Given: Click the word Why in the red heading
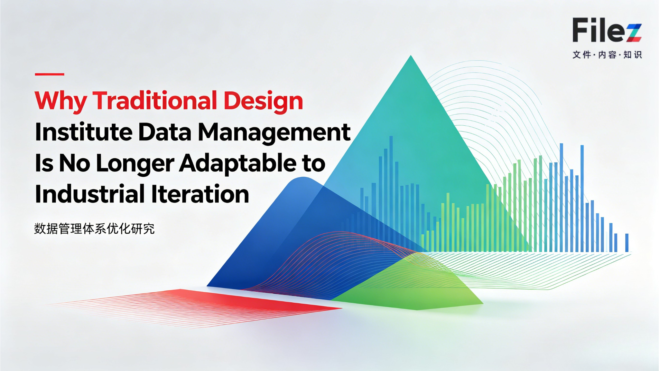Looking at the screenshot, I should (x=60, y=101).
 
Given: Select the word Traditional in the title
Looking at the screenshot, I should (x=155, y=101).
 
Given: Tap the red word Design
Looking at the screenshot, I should (x=263, y=101).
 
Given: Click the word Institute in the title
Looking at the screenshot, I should (x=83, y=132).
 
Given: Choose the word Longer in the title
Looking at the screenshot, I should (x=135, y=163).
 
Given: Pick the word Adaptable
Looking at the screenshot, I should (x=238, y=163).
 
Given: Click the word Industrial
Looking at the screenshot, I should (x=90, y=194).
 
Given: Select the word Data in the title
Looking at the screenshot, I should (x=165, y=132).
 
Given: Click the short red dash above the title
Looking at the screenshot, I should (x=50, y=74).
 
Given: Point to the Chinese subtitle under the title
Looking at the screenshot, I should (x=94, y=229).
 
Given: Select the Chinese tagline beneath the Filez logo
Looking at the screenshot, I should (x=607, y=55).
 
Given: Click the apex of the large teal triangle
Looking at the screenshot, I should (x=411, y=57).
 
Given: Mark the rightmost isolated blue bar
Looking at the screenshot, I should (x=627, y=242).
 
